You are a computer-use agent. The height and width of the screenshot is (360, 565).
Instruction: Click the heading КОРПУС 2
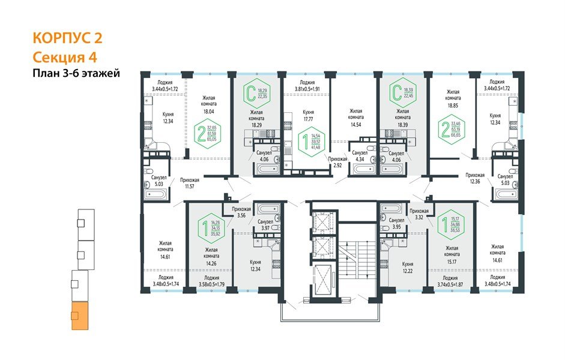click(67, 38)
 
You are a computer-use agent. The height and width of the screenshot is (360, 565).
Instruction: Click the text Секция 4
click(65, 57)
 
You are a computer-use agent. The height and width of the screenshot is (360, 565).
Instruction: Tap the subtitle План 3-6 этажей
click(76, 74)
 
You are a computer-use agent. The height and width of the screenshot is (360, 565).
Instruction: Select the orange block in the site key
click(79, 317)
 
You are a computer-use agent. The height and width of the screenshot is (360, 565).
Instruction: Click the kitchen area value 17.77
click(309, 118)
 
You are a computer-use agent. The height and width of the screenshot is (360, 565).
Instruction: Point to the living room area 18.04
click(208, 111)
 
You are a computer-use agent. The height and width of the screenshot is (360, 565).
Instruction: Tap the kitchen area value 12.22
click(408, 271)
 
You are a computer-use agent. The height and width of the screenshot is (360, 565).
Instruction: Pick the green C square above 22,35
click(250, 94)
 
